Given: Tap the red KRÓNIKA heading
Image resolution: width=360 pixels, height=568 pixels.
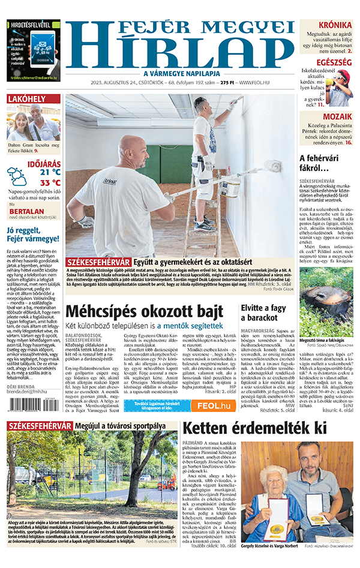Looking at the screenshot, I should (x=335, y=25).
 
